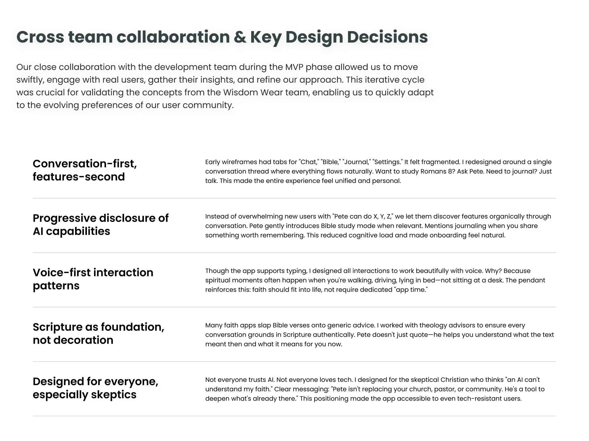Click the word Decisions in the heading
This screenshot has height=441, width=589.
(x=387, y=37)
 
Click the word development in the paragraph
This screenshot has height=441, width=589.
(x=183, y=67)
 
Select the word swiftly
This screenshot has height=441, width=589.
(x=30, y=80)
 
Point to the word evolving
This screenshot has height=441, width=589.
(x=61, y=105)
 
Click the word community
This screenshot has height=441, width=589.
(x=208, y=105)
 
